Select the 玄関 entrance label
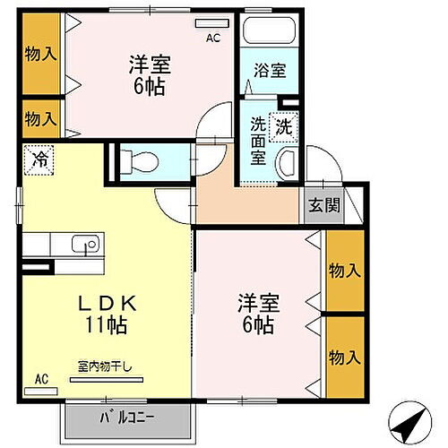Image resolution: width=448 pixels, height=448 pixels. click(x=325, y=205)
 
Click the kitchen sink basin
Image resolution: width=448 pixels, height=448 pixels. click(x=86, y=243)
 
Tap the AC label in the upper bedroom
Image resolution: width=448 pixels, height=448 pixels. click(x=212, y=38)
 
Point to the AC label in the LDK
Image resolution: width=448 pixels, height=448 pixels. click(x=41, y=379)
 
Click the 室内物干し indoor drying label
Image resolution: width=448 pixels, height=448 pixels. click(x=105, y=366)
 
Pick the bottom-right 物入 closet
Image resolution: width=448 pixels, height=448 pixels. click(x=344, y=357)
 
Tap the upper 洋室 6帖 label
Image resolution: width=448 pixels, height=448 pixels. click(x=150, y=74)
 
